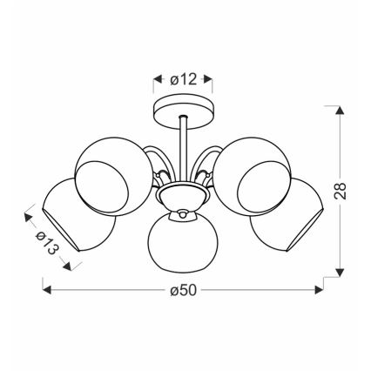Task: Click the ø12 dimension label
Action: tap(185, 78)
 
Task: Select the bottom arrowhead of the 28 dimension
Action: tap(341, 272)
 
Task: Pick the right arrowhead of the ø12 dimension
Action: tap(211, 79)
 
